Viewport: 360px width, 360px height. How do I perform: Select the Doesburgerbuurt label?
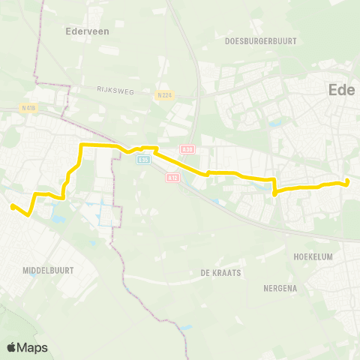click(x=260, y=40)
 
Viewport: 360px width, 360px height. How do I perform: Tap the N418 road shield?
click(x=29, y=108)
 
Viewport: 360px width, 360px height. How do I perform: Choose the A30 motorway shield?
click(x=187, y=149)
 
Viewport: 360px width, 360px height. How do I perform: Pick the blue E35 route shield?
click(x=144, y=159)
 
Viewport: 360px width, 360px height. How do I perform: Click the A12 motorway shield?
click(x=173, y=177)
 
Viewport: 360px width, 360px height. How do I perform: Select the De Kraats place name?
click(x=220, y=273)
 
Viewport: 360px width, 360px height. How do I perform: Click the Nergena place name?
click(x=281, y=288)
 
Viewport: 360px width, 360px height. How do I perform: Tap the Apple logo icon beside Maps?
click(x=12, y=347)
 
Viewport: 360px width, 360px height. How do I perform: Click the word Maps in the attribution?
click(x=33, y=347)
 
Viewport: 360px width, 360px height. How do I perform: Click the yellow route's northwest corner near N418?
click(x=81, y=144)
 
